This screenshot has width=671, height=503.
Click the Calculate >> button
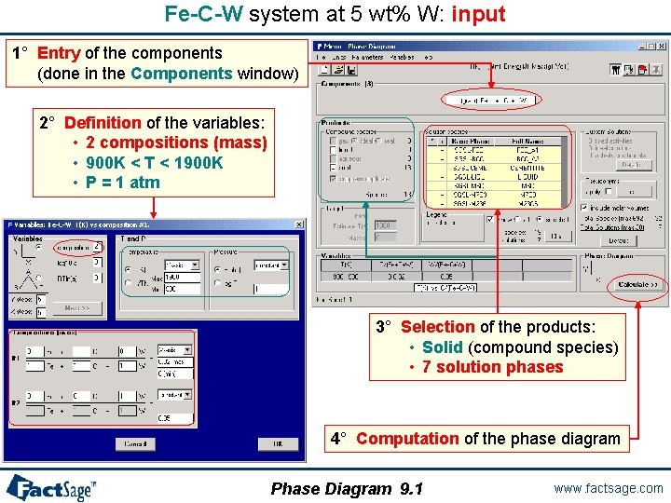tap(637, 284)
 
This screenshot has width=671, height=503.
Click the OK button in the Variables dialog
tap(278, 443)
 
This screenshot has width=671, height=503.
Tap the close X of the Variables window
tap(299, 224)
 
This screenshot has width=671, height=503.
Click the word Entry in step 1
tap(58, 53)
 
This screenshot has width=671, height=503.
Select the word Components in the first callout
tap(182, 73)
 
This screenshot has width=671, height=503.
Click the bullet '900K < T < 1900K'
tap(154, 163)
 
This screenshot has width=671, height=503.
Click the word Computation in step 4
tap(406, 438)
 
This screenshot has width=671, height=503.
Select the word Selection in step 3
tap(437, 327)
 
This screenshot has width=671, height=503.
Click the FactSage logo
tap(51, 486)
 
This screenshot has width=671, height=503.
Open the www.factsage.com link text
tap(608, 488)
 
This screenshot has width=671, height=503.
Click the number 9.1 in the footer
tap(411, 489)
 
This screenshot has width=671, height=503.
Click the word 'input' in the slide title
tap(478, 14)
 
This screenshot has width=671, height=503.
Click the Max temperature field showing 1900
tap(183, 278)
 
